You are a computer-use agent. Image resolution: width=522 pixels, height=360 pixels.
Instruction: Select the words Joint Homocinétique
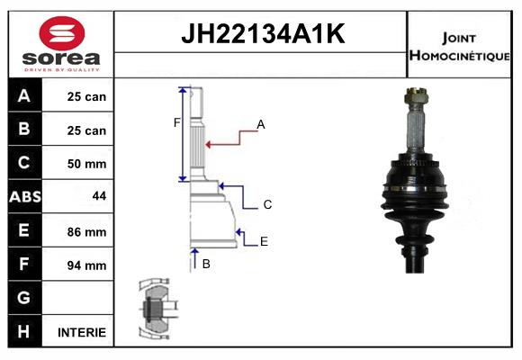coord(460,46)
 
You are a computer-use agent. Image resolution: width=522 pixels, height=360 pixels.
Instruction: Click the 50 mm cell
coord(87,164)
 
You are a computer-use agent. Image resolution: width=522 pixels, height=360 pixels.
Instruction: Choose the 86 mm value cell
coord(87,231)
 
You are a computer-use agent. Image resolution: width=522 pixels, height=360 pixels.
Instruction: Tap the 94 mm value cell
coord(87,265)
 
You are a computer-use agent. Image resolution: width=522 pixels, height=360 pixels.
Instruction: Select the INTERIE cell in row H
coord(82,332)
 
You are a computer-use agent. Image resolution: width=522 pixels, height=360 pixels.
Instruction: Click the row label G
coord(24,298)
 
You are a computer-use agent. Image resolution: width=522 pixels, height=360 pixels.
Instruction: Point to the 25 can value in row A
coord(87,96)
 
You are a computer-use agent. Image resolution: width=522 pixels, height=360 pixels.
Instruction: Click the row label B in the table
coord(24,130)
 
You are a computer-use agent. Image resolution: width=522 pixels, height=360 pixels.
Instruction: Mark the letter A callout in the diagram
coord(261,125)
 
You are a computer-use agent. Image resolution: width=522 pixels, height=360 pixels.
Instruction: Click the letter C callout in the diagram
coord(267,204)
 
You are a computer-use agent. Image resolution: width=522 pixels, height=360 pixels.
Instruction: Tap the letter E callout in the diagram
coord(264,241)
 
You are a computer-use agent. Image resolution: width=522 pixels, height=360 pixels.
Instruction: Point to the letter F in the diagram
coord(177,122)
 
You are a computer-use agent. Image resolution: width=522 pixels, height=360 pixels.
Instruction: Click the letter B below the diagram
coord(206,264)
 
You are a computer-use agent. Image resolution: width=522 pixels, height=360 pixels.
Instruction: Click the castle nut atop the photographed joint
coord(416,94)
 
